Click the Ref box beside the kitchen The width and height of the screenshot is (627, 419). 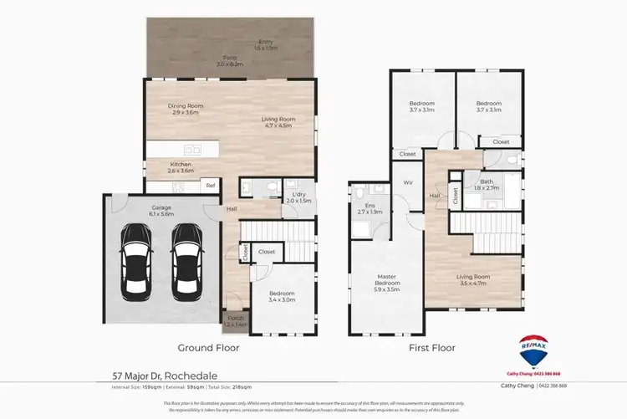(211, 186)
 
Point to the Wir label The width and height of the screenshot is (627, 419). (409, 181)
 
